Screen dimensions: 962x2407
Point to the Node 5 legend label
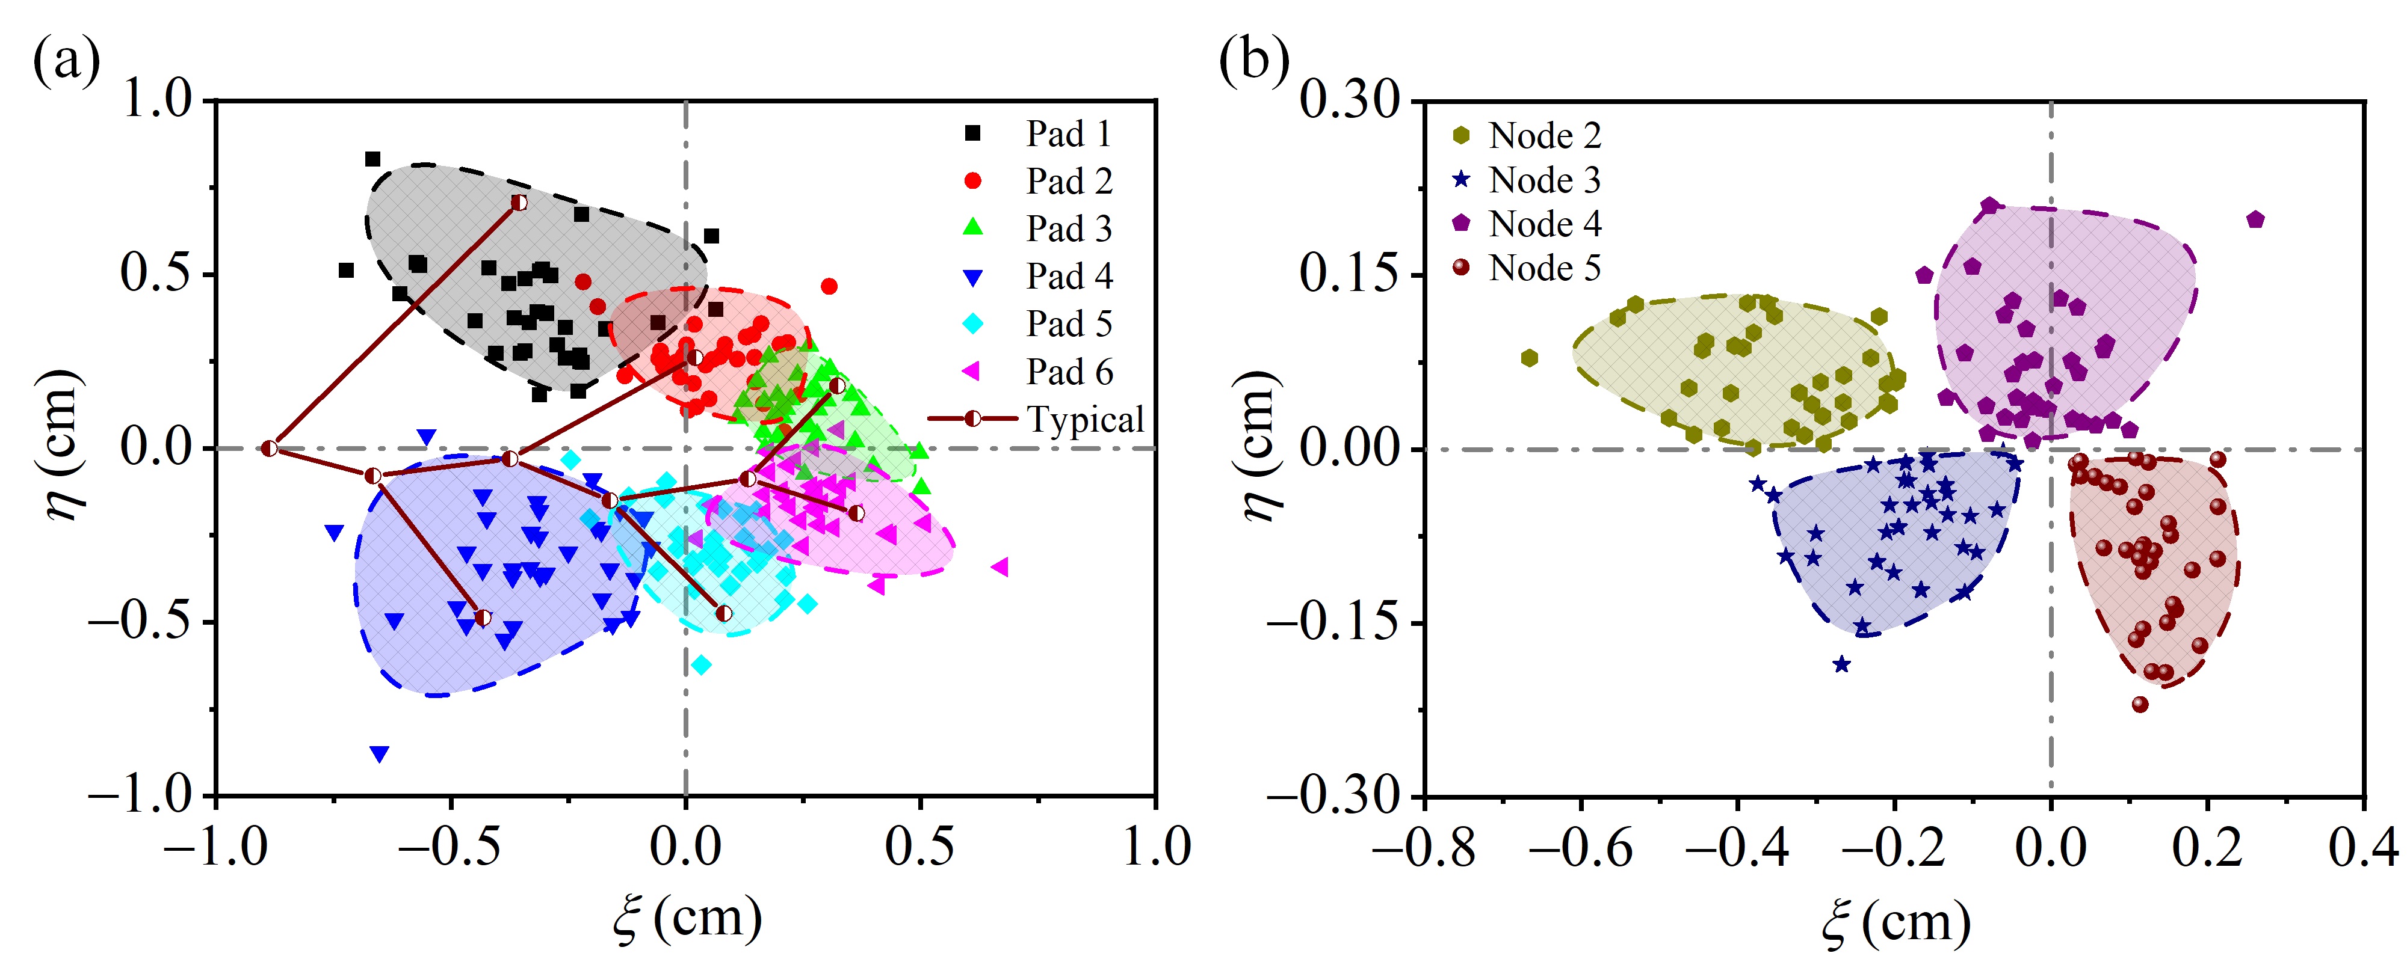point(1543,268)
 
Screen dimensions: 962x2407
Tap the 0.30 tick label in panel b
point(1350,99)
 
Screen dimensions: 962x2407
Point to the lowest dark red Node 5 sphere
point(2140,704)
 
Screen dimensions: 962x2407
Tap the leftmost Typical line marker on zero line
point(269,449)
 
